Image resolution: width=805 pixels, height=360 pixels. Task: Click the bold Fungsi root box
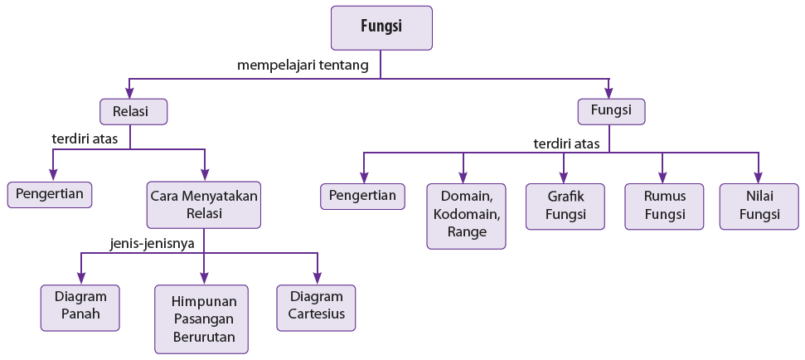pyautogui.click(x=381, y=27)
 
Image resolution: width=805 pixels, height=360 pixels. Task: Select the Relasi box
pyautogui.click(x=133, y=111)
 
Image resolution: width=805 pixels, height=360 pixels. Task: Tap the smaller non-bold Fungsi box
pyautogui.click(x=612, y=111)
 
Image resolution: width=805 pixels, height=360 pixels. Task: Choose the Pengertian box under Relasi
pyautogui.click(x=50, y=195)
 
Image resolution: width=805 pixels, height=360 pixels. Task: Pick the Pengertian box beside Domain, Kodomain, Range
pyautogui.click(x=362, y=197)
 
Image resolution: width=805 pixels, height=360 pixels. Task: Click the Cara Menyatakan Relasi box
pyautogui.click(x=204, y=204)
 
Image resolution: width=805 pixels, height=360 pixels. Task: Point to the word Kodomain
pyautogui.click(x=466, y=214)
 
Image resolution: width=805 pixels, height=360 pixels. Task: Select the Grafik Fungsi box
pyautogui.click(x=565, y=206)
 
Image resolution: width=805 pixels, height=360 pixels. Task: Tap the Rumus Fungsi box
pyautogui.click(x=664, y=206)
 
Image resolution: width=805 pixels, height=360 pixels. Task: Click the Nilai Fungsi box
pyautogui.click(x=759, y=206)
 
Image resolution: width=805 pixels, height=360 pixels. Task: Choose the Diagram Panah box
pyautogui.click(x=80, y=308)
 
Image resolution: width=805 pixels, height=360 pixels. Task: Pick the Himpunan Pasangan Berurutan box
pyautogui.click(x=201, y=319)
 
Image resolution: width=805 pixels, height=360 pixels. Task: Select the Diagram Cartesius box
pyautogui.click(x=316, y=308)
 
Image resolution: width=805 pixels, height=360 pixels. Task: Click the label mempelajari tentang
pyautogui.click(x=303, y=66)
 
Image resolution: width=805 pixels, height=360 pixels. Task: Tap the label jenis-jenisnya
pyautogui.click(x=152, y=243)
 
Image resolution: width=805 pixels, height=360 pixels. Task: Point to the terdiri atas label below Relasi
pyautogui.click(x=85, y=139)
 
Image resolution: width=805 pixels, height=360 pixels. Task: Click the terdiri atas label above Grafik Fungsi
pyautogui.click(x=566, y=144)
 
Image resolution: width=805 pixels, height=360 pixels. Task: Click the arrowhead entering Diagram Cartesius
pyautogui.click(x=318, y=278)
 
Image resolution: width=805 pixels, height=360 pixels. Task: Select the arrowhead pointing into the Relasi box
pyautogui.click(x=129, y=92)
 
